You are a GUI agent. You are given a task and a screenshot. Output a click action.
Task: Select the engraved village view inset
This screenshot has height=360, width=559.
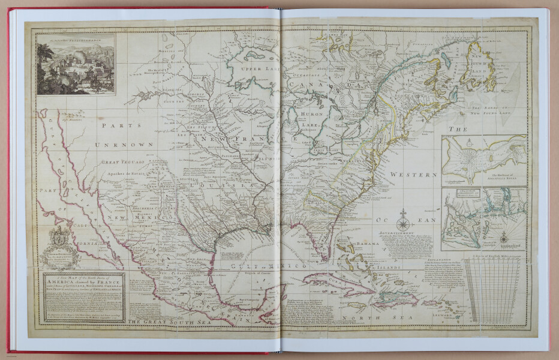(x=75, y=64)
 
